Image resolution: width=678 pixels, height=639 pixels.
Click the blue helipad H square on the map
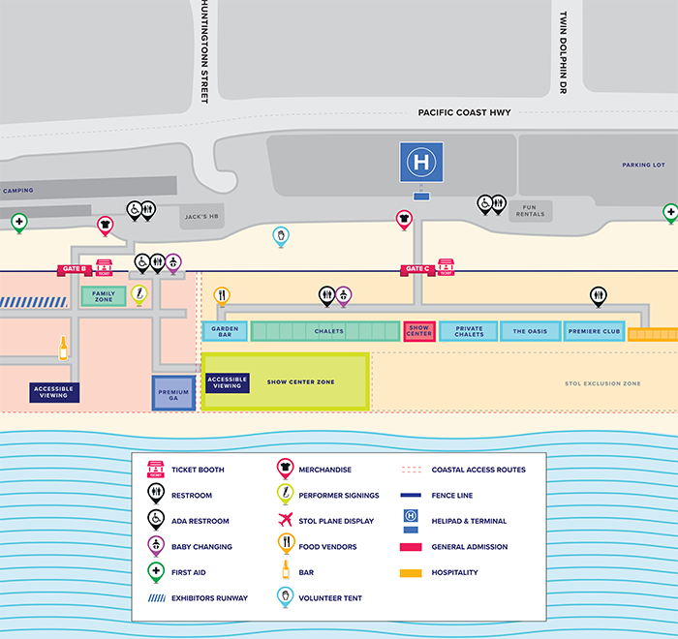tap(421, 162)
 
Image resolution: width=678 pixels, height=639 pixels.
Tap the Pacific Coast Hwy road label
tap(464, 112)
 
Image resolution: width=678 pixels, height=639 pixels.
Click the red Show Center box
tap(418, 331)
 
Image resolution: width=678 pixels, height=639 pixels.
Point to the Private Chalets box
tap(468, 331)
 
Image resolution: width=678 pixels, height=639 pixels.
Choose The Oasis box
tap(530, 331)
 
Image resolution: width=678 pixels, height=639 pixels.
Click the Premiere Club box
tap(593, 331)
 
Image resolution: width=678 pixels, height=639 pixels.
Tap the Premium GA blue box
tap(173, 393)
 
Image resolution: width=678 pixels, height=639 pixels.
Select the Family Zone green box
tap(103, 296)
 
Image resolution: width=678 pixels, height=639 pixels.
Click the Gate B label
tap(74, 268)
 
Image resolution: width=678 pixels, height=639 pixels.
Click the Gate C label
tap(416, 268)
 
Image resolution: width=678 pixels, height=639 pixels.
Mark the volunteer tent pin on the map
tap(280, 235)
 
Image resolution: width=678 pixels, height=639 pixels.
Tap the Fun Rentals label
tap(529, 210)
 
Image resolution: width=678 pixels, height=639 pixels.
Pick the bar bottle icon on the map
tap(64, 347)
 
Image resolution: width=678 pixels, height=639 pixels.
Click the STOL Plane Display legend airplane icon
tap(286, 521)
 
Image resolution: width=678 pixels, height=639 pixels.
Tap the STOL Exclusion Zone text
tap(602, 384)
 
